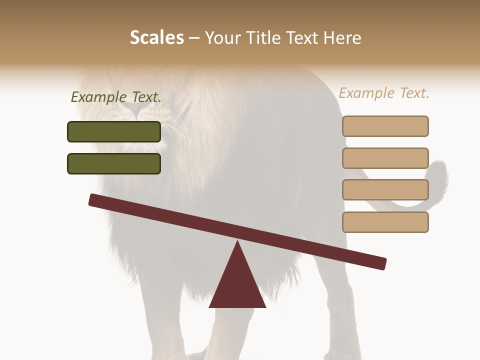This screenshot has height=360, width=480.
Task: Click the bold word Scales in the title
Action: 156,38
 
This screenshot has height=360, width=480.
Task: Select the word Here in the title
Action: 342,38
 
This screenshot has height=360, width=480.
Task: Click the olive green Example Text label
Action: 116,97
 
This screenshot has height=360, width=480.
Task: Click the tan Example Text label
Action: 384,93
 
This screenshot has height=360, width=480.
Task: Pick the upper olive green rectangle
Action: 114,131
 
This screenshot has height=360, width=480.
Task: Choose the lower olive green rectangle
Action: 114,163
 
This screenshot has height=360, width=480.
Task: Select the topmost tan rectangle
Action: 385,126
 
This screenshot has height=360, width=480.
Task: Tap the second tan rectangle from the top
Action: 385,158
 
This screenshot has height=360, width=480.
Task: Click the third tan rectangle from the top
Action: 385,190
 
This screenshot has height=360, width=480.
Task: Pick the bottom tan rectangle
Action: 385,222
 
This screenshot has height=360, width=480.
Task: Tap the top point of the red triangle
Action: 237,242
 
